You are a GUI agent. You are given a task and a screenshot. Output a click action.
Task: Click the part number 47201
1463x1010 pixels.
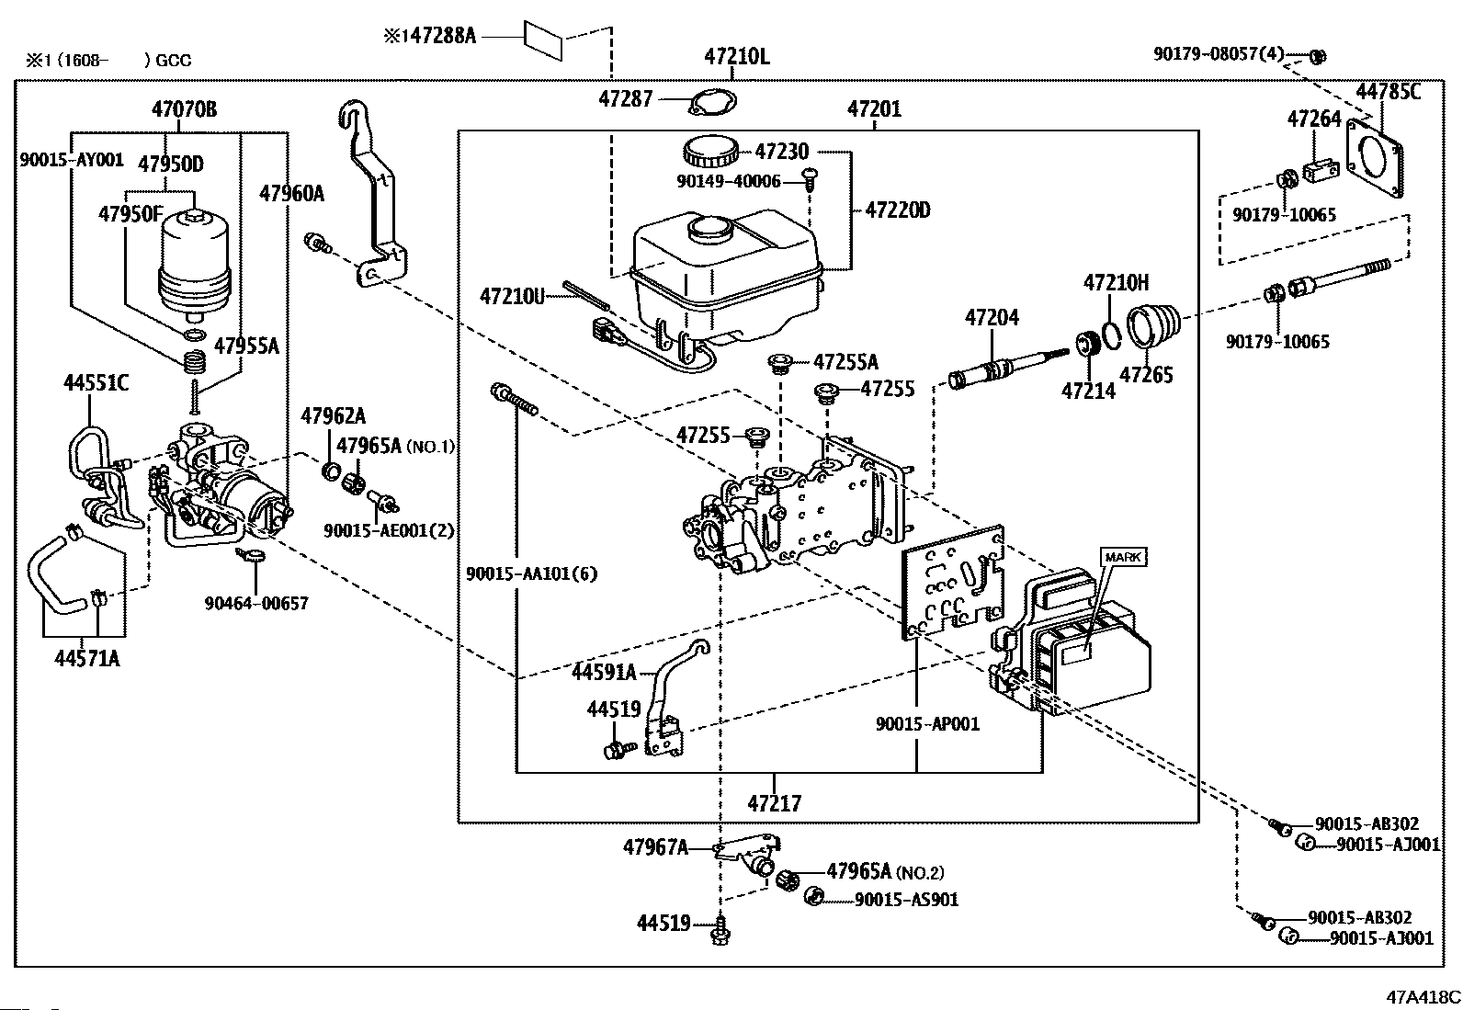coord(874,109)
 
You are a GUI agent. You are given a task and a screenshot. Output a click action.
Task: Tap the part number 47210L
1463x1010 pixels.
coord(737,56)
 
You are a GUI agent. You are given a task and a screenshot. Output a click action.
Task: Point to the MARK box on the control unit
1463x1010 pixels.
coord(1123,557)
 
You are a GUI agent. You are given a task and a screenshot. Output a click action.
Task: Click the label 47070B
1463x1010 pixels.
coord(184,109)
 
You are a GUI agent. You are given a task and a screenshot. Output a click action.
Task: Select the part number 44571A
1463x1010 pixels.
coord(86,658)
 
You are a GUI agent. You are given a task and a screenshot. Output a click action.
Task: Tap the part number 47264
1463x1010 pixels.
coord(1313,119)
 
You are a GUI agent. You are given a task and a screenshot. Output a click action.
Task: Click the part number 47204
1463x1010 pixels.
coord(992,318)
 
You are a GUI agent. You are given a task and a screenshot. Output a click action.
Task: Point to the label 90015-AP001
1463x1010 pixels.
coord(927,724)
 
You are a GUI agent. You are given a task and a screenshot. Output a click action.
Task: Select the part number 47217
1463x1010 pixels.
coord(774,803)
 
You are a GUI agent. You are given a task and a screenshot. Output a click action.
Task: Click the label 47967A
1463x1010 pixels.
coord(654,847)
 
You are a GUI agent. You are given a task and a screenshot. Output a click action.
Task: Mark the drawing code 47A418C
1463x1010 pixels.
coord(1423,996)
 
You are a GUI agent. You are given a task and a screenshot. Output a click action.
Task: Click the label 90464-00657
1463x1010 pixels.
coord(256,603)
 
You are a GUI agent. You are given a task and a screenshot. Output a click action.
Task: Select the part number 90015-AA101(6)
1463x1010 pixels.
coord(531,573)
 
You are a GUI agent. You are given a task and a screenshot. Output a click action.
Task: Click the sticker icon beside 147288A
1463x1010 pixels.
coord(543,39)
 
